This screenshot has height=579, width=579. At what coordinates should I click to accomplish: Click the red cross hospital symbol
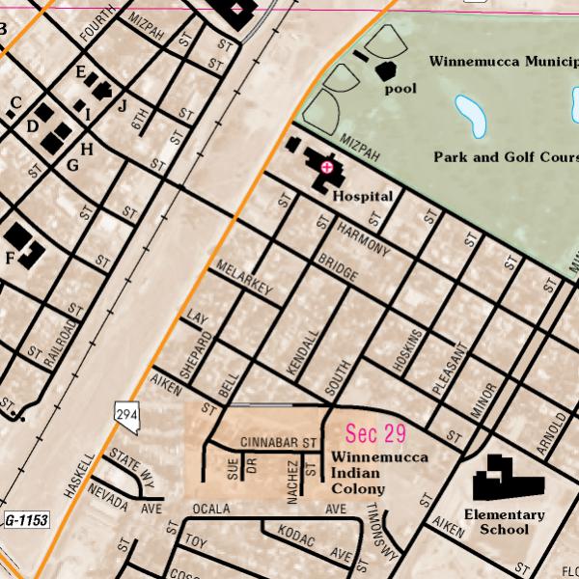click(x=327, y=168)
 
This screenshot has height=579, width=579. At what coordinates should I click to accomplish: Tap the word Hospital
click(x=363, y=196)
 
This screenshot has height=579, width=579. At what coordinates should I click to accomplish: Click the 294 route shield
click(x=126, y=415)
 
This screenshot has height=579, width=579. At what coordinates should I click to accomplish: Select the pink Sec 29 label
click(x=375, y=434)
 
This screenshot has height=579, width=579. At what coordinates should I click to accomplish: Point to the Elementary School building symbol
click(x=508, y=478)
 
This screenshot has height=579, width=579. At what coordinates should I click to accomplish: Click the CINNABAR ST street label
click(x=278, y=442)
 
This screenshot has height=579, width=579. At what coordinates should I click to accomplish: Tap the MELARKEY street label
click(x=245, y=278)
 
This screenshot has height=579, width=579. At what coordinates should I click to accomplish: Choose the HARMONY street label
click(x=364, y=239)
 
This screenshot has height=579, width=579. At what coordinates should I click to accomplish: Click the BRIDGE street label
click(x=338, y=268)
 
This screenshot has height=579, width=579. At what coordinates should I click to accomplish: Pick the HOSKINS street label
click(x=408, y=350)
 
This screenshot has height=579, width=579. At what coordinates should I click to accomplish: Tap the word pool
click(x=400, y=88)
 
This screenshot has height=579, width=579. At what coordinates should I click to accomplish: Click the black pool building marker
click(x=386, y=70)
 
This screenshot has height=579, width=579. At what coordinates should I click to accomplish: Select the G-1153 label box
click(x=26, y=521)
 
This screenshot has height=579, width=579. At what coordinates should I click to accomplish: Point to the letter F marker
click(x=10, y=258)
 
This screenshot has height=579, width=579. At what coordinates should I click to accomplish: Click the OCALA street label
click(x=212, y=509)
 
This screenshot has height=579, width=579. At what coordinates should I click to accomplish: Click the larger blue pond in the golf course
click(x=472, y=114)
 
